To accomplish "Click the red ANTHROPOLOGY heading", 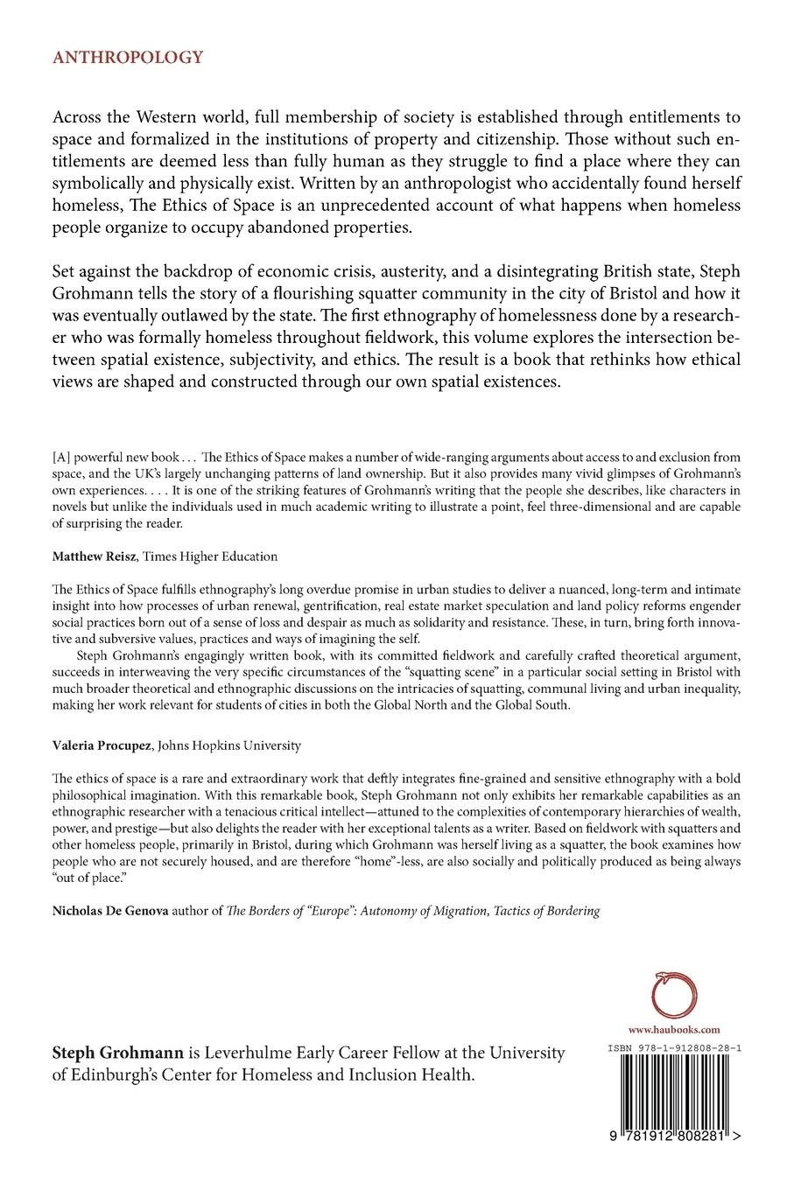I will pos(128,58).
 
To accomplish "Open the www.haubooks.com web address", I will pos(675,1031).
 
